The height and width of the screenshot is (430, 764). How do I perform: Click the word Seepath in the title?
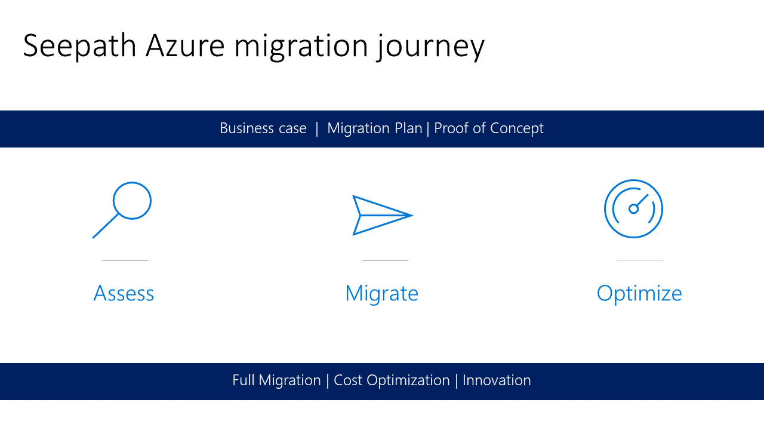[x=80, y=47]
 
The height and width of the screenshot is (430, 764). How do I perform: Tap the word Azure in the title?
[x=185, y=46]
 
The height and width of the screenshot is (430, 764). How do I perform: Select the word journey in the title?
[x=430, y=47]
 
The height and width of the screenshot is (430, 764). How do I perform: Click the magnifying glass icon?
[x=122, y=210]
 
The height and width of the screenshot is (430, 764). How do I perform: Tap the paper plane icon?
[x=383, y=216]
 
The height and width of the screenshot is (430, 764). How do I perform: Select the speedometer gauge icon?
[x=633, y=208]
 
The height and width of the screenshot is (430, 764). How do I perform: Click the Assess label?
[x=124, y=293]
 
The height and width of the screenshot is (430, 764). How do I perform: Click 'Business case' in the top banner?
[x=263, y=128]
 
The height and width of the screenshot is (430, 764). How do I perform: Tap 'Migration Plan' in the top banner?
[x=374, y=128]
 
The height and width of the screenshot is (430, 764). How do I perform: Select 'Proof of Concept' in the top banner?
[x=489, y=128]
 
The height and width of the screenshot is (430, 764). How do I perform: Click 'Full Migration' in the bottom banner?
[x=276, y=380]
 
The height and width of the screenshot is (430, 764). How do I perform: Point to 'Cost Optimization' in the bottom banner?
[x=392, y=380]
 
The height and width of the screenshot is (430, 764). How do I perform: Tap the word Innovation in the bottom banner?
[x=497, y=380]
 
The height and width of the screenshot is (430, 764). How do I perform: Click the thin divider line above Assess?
[x=125, y=260]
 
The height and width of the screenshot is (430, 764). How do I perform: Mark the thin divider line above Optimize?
[x=639, y=260]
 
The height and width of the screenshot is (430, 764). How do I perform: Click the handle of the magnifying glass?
[x=106, y=226]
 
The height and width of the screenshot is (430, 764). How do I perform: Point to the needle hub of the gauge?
[x=633, y=209]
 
